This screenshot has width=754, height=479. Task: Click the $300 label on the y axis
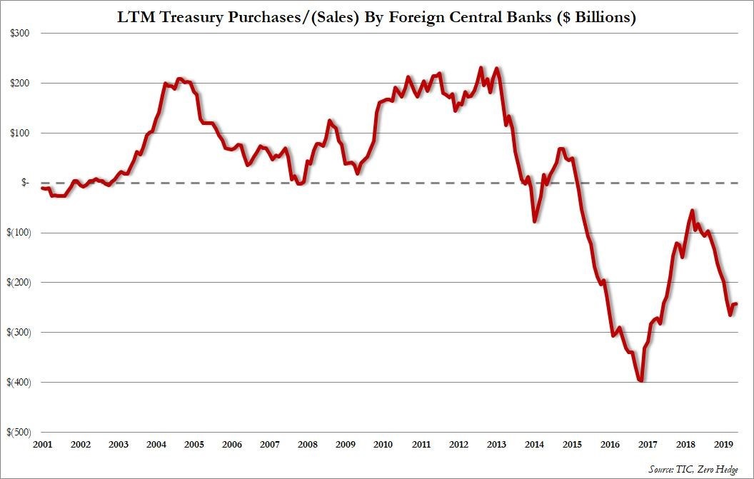pos(19,34)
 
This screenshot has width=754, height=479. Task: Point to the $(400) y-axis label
pos(18,382)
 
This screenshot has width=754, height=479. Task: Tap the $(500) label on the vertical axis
pos(18,432)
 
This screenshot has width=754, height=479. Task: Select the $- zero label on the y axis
pos(24,183)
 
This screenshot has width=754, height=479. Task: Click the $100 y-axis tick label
pos(19,133)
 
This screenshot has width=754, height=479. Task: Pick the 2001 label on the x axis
pos(42,445)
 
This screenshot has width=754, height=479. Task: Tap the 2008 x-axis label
pos(307,445)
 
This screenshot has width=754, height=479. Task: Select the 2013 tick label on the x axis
pos(497,445)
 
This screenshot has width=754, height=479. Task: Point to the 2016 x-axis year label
pos(610,445)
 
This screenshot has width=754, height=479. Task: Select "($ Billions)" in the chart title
pos(593,19)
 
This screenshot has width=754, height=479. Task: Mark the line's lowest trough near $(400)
pos(641,380)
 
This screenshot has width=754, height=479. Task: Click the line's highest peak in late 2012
pos(481,69)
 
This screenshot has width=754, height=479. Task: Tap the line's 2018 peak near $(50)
pos(693,211)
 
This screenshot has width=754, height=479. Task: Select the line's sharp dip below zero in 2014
pos(535,221)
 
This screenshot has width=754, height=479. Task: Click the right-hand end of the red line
pos(736,304)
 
